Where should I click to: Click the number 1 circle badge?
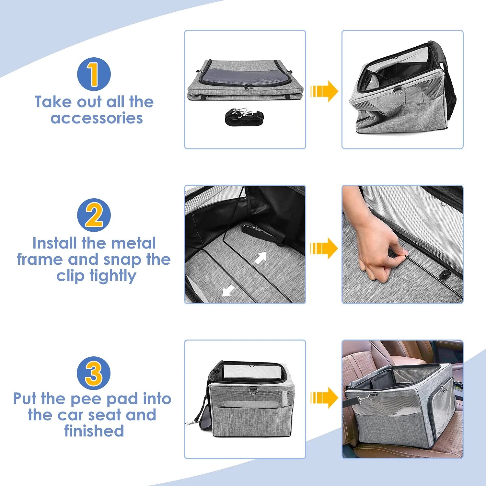94,74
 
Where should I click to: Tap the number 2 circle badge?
94,215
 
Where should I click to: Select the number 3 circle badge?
94,373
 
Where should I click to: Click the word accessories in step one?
97,118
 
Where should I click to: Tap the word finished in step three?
94,431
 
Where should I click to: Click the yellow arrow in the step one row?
324,91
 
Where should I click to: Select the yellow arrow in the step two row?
324,249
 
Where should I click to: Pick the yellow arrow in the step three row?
324,398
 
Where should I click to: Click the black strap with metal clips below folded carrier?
244,116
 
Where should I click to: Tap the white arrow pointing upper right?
261,258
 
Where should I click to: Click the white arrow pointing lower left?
228,290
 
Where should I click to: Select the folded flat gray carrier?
245,80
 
